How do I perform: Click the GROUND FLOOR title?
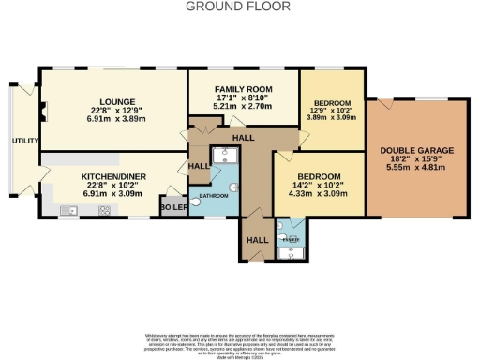pos(238,7)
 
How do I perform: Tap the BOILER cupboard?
pos(173,207)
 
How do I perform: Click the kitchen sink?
pos(68,212)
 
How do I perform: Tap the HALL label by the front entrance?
pos(256,239)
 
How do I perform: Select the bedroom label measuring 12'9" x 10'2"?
pos(332,102)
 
